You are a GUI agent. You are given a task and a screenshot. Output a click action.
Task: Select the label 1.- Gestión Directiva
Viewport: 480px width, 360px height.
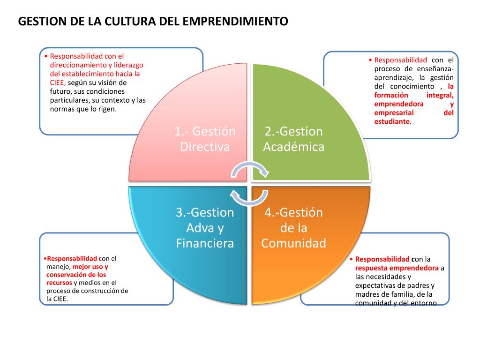pyautogui.click(x=205, y=139)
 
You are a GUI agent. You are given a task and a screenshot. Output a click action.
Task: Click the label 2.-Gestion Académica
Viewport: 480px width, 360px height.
pyautogui.click(x=294, y=139)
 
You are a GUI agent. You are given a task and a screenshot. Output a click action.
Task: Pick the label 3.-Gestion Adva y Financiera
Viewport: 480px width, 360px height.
pyautogui.click(x=205, y=228)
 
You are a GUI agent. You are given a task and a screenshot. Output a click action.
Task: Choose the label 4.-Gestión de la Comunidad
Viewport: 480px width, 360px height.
pyautogui.click(x=293, y=228)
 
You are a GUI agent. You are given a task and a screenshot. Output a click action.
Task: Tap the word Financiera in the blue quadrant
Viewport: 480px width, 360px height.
pyautogui.click(x=205, y=244)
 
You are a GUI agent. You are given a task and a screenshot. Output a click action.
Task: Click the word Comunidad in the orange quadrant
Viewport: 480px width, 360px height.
pyautogui.click(x=293, y=244)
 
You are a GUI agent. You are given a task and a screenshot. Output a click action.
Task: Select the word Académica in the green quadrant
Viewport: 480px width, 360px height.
pyautogui.click(x=294, y=147)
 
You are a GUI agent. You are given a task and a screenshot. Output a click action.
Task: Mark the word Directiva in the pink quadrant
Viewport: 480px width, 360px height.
pyautogui.click(x=205, y=147)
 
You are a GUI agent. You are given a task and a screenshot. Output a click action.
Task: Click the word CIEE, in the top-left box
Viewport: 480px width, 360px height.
pyautogui.click(x=59, y=82)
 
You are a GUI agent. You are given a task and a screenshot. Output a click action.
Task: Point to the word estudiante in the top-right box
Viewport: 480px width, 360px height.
pyautogui.click(x=392, y=121)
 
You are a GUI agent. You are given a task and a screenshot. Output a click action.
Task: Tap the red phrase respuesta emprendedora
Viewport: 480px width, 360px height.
pyautogui.click(x=397, y=268)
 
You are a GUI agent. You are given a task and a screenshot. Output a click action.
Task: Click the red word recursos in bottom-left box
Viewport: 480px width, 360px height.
pyautogui.click(x=59, y=283)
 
